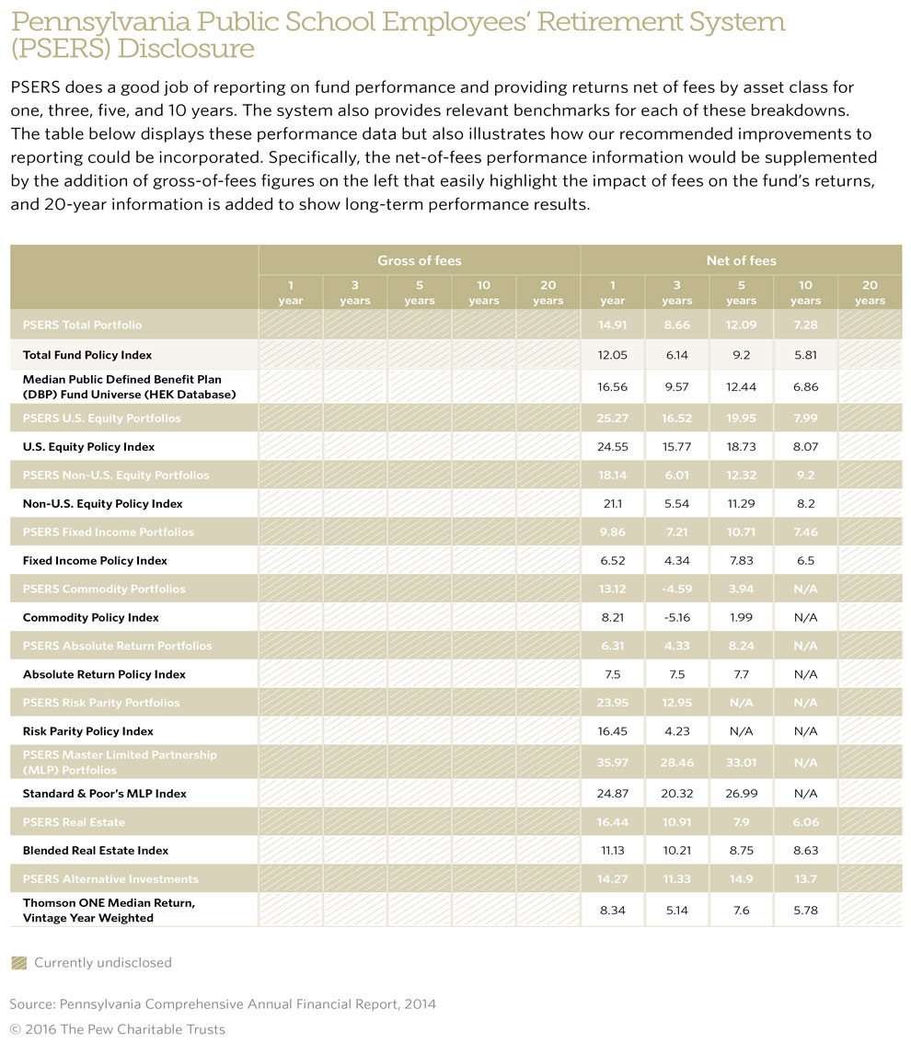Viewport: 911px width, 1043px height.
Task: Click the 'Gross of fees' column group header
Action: pos(419,260)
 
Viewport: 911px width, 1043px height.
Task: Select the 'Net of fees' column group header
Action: pos(741,260)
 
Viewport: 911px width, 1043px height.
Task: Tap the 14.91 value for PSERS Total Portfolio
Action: pos(612,325)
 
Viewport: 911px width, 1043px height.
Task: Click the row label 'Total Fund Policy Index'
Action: pos(87,354)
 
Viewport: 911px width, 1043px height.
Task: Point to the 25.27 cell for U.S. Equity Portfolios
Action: pos(612,418)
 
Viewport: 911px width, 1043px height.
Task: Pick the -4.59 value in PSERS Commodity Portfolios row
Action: pos(676,589)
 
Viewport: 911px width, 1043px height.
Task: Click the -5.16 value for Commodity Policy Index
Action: pos(676,617)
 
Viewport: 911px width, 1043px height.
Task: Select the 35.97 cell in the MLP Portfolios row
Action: pos(612,762)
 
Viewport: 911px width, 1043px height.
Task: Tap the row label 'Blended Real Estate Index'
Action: pos(96,851)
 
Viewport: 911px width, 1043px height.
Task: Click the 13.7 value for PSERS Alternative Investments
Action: pos(805,878)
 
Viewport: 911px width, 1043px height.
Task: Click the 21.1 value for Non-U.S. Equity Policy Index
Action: pos(612,503)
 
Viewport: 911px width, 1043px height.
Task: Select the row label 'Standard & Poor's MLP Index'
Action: pos(104,793)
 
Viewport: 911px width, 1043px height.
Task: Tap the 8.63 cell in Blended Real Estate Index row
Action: pos(805,851)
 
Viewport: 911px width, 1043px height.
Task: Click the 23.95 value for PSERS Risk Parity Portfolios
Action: pos(612,703)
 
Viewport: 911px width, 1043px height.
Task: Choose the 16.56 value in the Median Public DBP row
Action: pos(612,387)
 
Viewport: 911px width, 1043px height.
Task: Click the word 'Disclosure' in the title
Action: pos(196,48)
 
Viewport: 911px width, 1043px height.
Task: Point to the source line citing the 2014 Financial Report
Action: pos(223,1004)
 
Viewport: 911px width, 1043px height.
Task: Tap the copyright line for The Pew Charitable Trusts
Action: pos(117,1028)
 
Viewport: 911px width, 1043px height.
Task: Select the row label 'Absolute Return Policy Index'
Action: pos(104,674)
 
